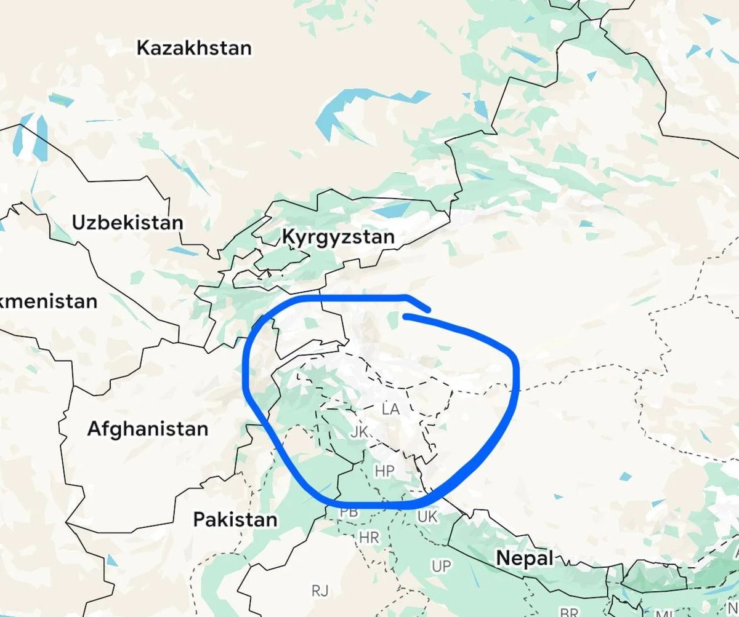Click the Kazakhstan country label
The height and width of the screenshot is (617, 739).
(x=194, y=48)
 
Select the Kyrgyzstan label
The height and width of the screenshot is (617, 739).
(x=337, y=237)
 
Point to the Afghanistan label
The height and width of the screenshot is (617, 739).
(x=147, y=428)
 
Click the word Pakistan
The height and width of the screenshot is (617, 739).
(x=235, y=519)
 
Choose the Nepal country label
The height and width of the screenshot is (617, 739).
(x=525, y=559)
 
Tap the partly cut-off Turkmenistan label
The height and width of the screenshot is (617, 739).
(x=48, y=302)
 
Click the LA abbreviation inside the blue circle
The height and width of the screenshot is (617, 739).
(x=390, y=409)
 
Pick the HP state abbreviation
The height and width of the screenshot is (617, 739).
(x=384, y=472)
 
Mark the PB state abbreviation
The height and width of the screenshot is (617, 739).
(x=349, y=512)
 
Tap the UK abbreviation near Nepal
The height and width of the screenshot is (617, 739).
(x=427, y=517)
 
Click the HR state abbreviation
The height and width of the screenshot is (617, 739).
(x=369, y=537)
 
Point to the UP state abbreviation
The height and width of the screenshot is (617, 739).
(x=441, y=566)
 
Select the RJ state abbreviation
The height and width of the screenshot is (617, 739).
(x=320, y=591)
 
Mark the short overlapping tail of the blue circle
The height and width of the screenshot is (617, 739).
(x=419, y=305)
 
